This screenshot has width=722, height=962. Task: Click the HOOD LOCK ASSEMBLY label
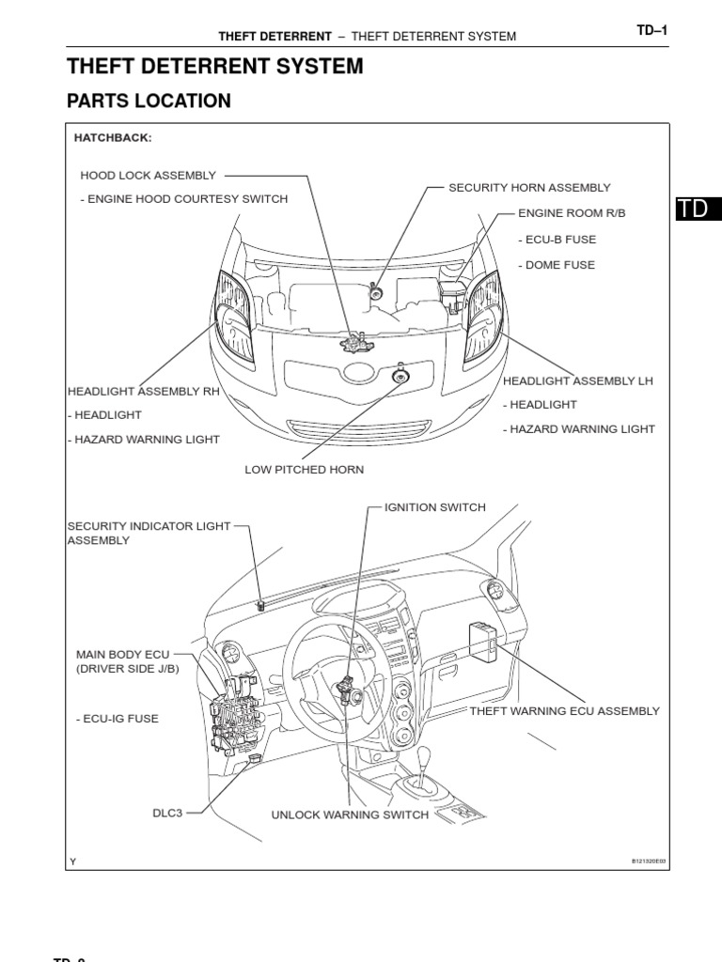(148, 175)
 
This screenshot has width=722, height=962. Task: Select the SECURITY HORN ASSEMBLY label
(529, 188)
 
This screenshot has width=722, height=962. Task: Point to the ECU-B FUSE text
(557, 240)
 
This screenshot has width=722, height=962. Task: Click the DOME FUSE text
(556, 265)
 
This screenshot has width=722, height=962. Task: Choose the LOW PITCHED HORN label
(304, 469)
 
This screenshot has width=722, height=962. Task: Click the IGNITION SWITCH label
(434, 507)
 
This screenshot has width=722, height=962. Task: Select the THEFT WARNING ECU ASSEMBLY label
(564, 711)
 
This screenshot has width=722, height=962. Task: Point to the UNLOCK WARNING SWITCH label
(350, 815)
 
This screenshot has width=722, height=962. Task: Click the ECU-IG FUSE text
(117, 719)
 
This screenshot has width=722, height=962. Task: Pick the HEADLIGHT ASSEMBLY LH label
(577, 380)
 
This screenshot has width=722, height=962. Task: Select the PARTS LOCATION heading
(149, 101)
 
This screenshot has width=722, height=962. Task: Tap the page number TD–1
(651, 30)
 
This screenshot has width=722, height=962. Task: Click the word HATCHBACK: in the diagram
(112, 138)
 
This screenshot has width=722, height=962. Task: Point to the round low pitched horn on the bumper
(400, 377)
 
